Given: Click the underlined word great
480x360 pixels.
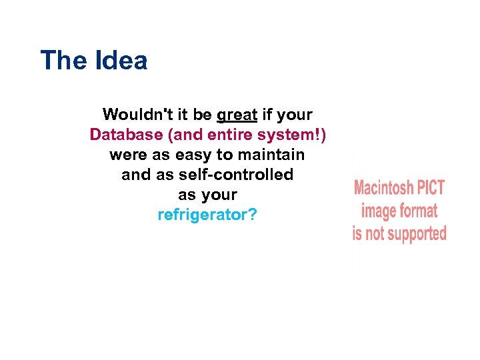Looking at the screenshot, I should point(237,115).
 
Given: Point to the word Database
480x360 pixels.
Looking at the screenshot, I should point(126,135).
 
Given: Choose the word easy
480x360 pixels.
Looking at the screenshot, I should point(193,155).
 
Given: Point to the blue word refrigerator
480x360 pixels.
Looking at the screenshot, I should point(202,215).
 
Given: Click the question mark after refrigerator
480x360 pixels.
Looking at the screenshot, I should point(252,215).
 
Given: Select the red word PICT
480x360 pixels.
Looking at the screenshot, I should point(431,189).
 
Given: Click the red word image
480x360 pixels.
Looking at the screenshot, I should point(379,212).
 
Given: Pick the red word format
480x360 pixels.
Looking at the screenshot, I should point(419,211).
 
